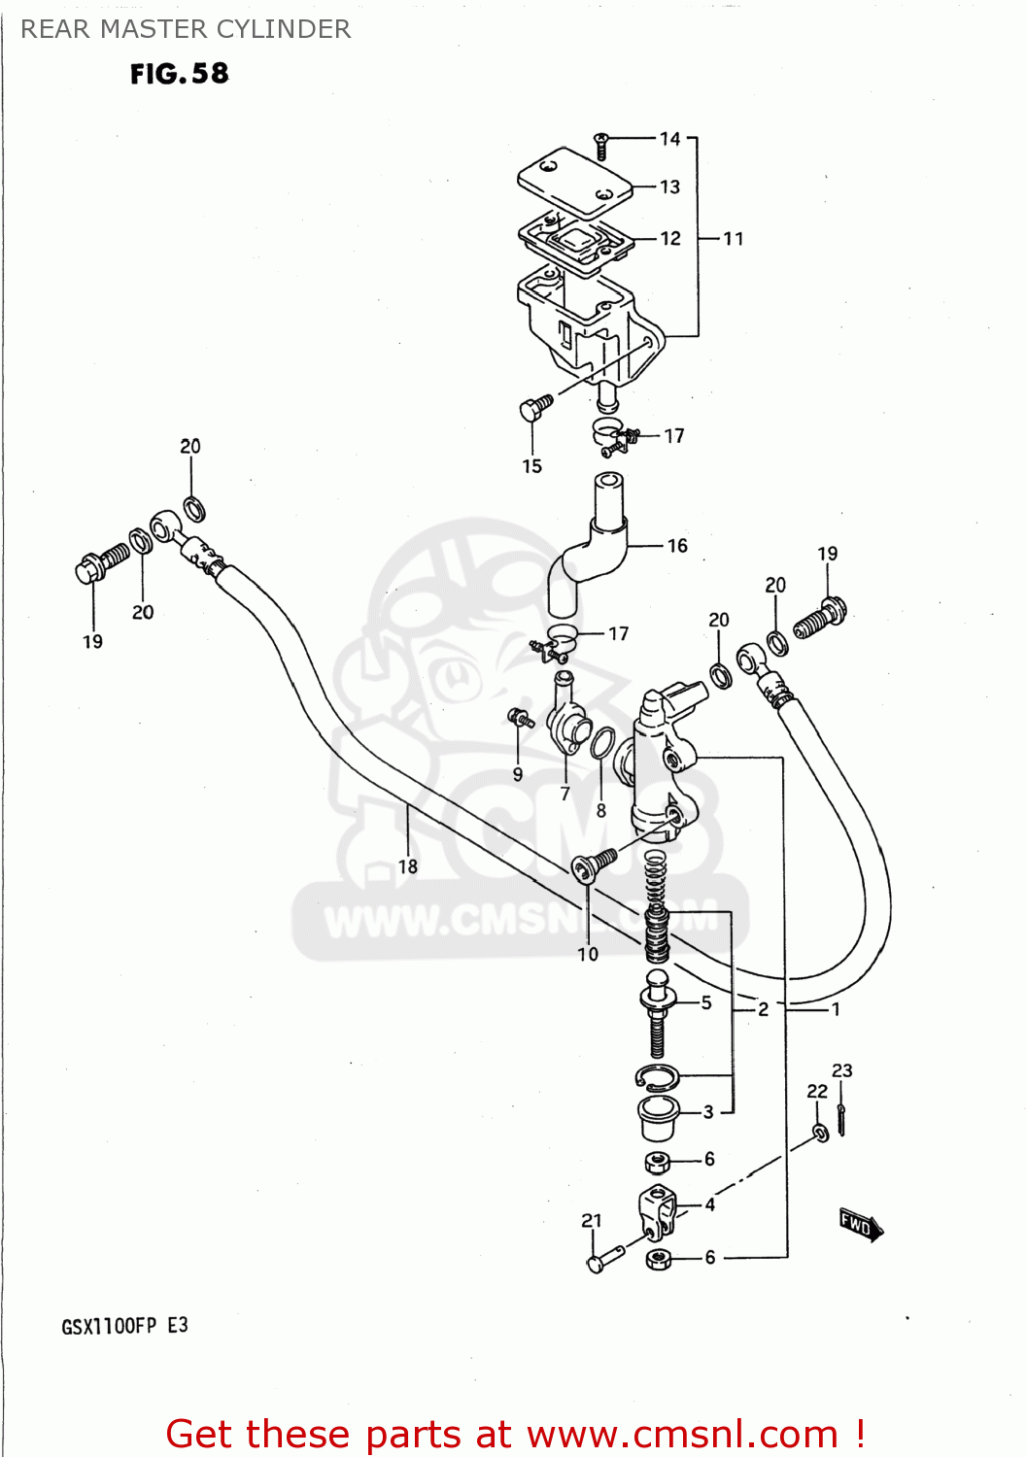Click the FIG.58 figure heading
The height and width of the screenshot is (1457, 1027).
coord(180,74)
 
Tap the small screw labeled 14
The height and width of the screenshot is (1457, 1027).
coord(600,146)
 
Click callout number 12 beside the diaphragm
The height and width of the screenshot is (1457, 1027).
coord(670,238)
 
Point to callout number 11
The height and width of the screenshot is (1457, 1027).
coord(734,239)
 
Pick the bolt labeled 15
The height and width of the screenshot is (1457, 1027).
coord(534,407)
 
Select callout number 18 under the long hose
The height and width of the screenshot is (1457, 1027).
coord(408,866)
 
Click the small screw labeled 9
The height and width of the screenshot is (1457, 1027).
coord(521,719)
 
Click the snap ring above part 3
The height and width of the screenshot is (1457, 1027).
coord(658,1076)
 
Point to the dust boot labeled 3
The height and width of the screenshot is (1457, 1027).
coord(658,1117)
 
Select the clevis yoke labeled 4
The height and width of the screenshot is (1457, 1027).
coord(657,1209)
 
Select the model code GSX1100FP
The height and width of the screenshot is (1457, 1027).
coord(109,1327)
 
